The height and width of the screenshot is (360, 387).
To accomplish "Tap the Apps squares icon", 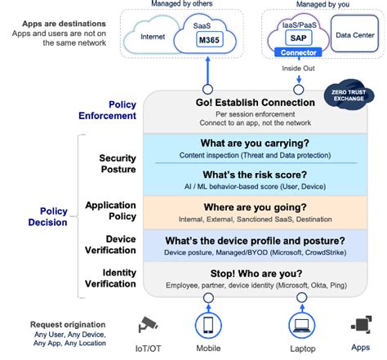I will [359, 324].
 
